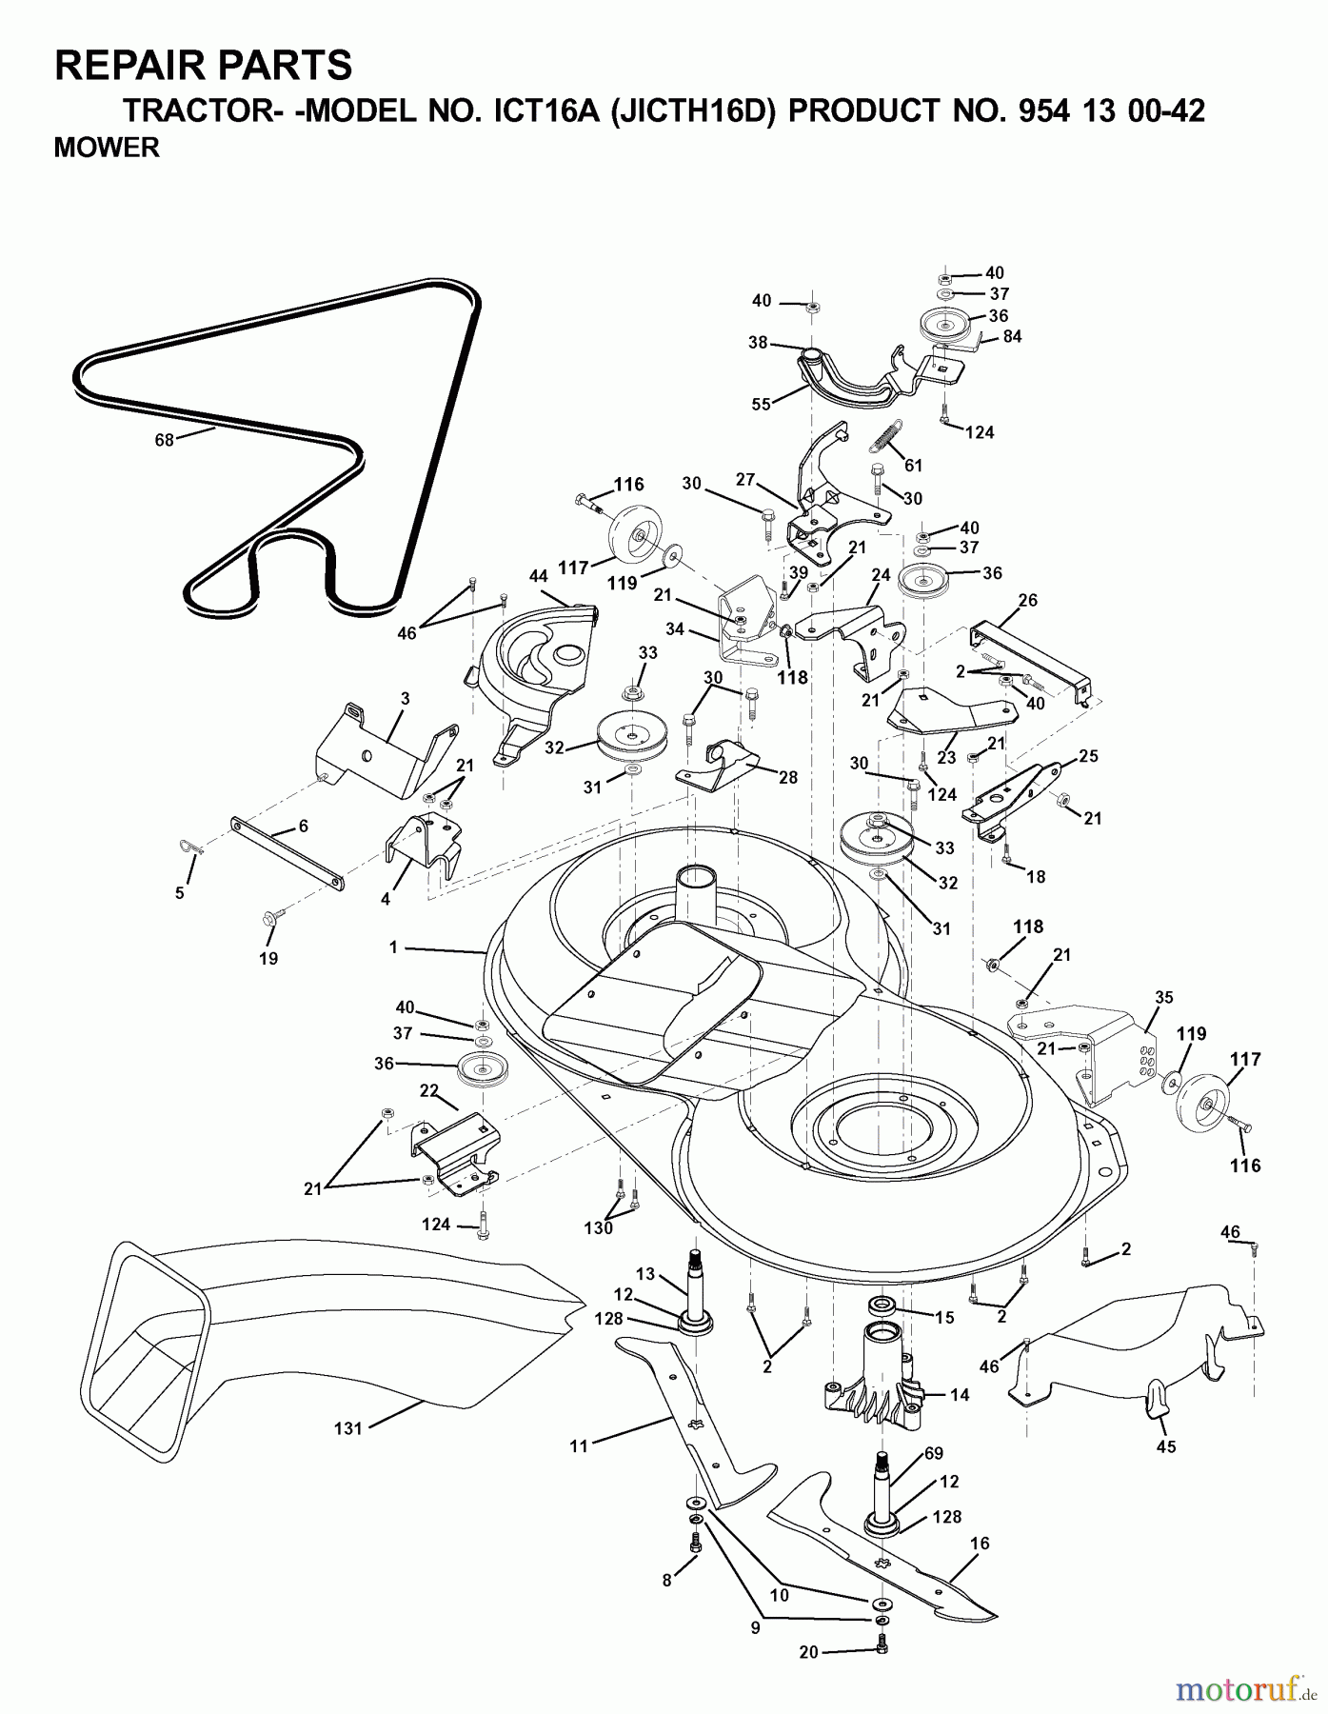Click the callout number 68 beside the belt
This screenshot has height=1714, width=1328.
165,441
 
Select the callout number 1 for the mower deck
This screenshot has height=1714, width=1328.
392,947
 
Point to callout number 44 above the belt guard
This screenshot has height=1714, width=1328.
538,576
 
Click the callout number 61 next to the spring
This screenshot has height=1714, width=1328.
913,466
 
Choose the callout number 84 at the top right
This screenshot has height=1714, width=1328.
1012,336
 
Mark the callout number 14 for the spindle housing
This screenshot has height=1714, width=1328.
960,1394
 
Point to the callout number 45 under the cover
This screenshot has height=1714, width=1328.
1166,1446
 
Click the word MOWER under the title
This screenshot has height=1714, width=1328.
107,149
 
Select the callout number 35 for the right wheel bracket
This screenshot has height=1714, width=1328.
1164,998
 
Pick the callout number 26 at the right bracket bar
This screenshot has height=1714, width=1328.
1027,601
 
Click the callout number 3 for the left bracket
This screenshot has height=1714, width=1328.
405,698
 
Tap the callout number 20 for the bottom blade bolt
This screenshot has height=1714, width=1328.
808,1653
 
